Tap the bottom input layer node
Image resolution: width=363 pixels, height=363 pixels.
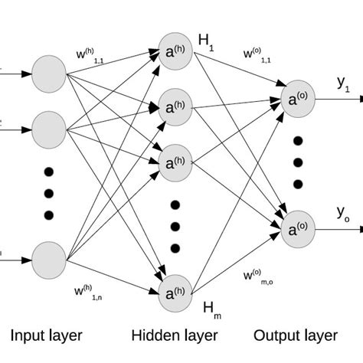point(51,258)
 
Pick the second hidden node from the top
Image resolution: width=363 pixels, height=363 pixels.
point(175,105)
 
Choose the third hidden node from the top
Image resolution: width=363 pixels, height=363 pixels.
point(175,161)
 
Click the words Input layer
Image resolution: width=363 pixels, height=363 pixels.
point(46,335)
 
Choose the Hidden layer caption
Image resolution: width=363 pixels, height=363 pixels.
point(174,335)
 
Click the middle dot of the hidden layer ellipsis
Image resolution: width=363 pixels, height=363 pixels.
point(175,227)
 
